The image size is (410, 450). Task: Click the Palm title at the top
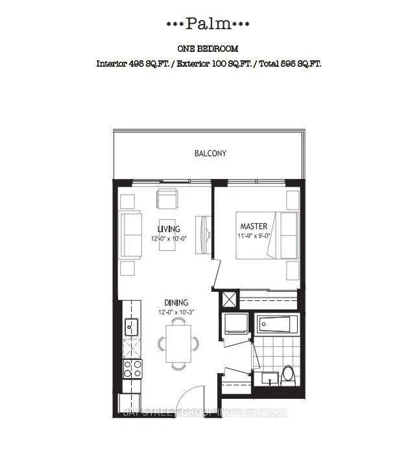point(208,24)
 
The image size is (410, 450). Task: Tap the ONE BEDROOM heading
point(208,49)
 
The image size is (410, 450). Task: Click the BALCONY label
point(210,153)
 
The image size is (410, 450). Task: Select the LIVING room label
point(169,229)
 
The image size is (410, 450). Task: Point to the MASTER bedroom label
point(254,226)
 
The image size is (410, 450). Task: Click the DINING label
point(176,303)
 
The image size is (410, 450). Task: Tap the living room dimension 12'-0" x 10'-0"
point(169,239)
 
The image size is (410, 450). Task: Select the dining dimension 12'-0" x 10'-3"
point(176,312)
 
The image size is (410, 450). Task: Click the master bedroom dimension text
point(254,236)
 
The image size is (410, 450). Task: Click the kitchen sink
point(132,327)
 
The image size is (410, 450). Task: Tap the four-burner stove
point(132,369)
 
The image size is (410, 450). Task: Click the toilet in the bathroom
point(288,375)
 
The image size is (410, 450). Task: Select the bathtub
point(277,324)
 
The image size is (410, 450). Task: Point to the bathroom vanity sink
point(270,379)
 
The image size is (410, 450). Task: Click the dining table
point(178,344)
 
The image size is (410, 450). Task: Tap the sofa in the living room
point(131,235)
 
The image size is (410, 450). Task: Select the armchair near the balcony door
point(167,199)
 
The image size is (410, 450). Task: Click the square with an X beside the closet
point(229,300)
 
